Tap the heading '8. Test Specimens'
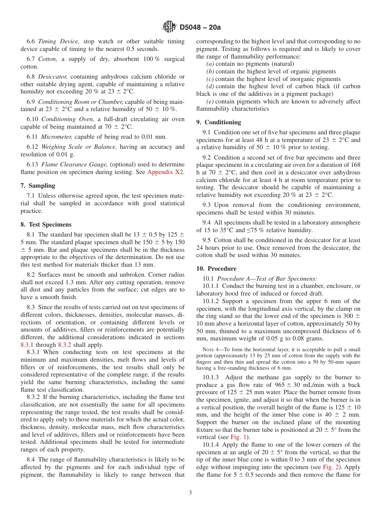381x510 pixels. [x=46, y=225]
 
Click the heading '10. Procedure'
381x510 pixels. [x=216, y=269]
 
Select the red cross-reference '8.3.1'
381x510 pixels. [x=27, y=344]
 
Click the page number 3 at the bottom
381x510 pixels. [x=190, y=493]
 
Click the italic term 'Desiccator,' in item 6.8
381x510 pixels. [x=53, y=77]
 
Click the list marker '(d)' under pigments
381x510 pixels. [x=210, y=87]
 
